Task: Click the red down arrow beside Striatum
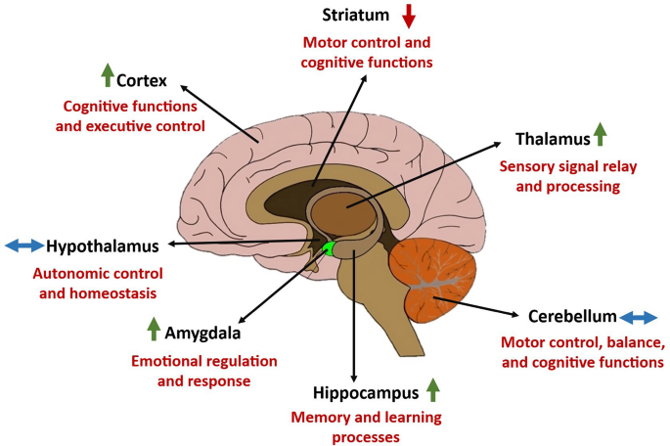(409, 16)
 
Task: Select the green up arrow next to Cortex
(107, 73)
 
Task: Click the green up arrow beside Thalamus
(601, 135)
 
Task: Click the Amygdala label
(207, 333)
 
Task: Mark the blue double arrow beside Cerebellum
(639, 317)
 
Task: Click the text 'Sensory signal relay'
(559, 166)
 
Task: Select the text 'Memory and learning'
(366, 418)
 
